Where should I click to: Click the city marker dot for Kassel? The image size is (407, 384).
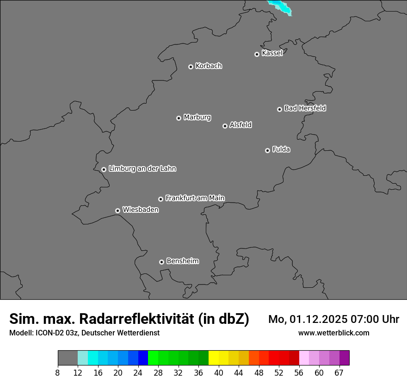click(257, 54)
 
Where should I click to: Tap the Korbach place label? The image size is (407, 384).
click(209, 66)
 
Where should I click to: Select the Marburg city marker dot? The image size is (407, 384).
click(179, 118)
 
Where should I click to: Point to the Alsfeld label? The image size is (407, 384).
click(240, 125)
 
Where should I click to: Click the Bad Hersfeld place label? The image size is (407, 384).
click(305, 108)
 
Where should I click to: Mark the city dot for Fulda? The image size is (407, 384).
click(267, 150)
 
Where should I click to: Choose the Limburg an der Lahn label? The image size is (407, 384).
click(142, 168)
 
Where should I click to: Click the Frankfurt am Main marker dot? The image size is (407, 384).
click(160, 199)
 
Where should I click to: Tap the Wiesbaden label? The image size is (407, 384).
click(140, 210)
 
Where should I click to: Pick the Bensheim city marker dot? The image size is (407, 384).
click(161, 262)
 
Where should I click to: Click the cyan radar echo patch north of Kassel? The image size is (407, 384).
click(280, 7)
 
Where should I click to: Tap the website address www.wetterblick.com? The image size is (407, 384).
click(333, 333)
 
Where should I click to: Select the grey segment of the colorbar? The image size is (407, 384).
click(68, 358)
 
